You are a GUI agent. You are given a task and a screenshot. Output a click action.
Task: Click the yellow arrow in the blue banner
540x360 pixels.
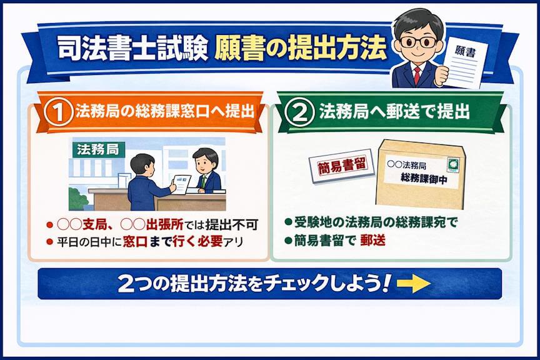pyautogui.click(x=413, y=283)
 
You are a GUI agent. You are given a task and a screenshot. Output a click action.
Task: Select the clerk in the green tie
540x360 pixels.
pyautogui.click(x=206, y=171)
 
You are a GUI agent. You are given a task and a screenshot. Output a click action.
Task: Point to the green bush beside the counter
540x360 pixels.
pyautogui.click(x=78, y=199)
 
